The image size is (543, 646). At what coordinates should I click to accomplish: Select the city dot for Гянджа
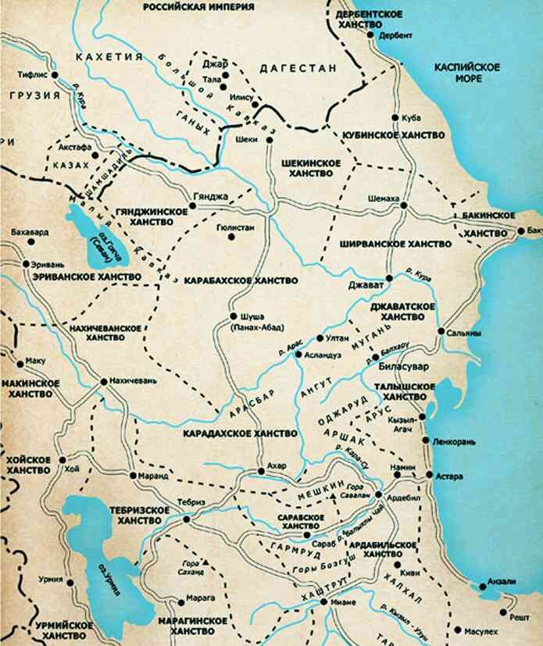pos(192,207)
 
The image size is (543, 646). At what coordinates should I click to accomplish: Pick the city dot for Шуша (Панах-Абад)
pos(232,316)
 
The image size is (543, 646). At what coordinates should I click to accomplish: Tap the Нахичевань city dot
pos(104,381)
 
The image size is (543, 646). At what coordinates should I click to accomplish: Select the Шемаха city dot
pos(404,205)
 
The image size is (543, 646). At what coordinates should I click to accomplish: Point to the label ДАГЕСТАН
pos(298,69)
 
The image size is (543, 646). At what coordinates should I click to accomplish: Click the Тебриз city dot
pos(186,518)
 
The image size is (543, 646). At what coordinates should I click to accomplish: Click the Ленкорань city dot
pos(425,441)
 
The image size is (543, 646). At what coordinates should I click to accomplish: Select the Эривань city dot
pos(27,264)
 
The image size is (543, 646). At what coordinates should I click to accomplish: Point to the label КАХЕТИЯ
pos(107,56)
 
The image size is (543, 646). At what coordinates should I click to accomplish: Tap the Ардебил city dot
pos(379,494)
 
